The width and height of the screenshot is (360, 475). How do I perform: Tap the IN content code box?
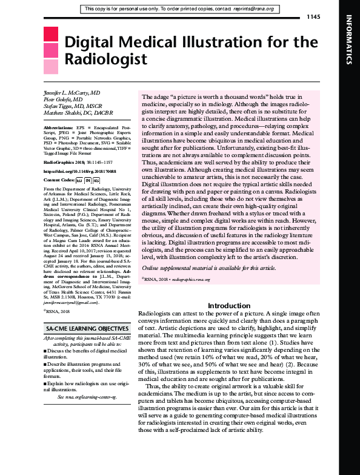[x=88, y=180]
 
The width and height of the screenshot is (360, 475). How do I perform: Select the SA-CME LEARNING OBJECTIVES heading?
[x=82, y=328]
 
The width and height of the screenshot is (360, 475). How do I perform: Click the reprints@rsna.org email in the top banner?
[x=256, y=9]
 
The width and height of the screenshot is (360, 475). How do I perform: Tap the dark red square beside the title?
[x=51, y=33]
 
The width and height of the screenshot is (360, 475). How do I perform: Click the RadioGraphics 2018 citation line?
[x=78, y=163]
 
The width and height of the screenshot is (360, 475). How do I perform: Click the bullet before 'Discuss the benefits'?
[x=46, y=351]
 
